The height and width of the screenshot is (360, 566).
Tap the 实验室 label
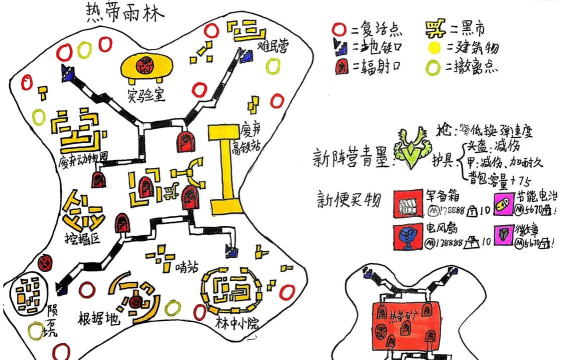click(x=147, y=96)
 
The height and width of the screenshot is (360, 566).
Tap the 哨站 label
click(x=186, y=265)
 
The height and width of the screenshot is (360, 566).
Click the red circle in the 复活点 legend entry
click(x=340, y=26)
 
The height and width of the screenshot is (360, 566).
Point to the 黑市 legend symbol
click(x=437, y=26)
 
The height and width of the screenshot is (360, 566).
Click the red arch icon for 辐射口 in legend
click(x=340, y=68)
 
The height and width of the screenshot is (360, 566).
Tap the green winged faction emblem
click(x=411, y=149)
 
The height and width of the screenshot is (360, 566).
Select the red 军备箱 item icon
click(x=407, y=202)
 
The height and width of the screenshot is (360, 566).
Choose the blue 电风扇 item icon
click(x=407, y=236)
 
